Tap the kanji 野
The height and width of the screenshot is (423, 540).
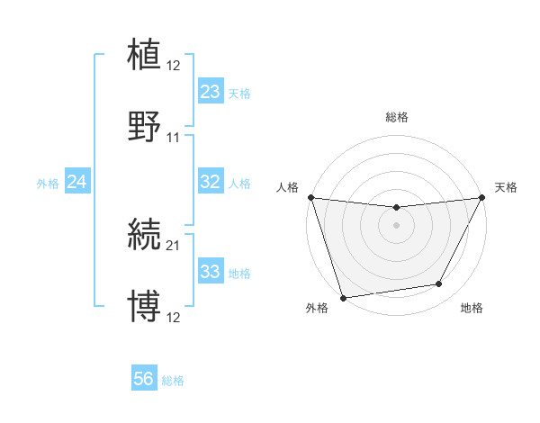coord(145,127)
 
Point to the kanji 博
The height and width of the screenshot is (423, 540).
coord(145,306)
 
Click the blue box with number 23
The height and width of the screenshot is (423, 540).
coord(210,92)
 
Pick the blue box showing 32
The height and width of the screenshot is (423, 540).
coord(210,182)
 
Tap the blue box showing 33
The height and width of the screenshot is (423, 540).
coord(210,272)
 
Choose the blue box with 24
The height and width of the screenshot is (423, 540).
coord(76,183)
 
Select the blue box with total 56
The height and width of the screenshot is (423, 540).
coord(144,380)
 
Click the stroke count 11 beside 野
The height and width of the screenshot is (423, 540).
coord(174,138)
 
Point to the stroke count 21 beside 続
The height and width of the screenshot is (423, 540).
coord(174,244)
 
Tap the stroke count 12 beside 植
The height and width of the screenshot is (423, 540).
coord(174,65)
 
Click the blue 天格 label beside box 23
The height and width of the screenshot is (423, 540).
coord(238,93)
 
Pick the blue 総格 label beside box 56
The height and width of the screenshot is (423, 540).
coord(173,381)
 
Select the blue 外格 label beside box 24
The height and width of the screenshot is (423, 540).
coord(48,184)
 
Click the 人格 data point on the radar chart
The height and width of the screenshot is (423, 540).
coord(310,197)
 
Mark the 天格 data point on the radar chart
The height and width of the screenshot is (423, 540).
coord(482,197)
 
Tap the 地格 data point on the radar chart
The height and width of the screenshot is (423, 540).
coord(439,284)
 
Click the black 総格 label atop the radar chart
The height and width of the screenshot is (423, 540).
coord(396,117)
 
